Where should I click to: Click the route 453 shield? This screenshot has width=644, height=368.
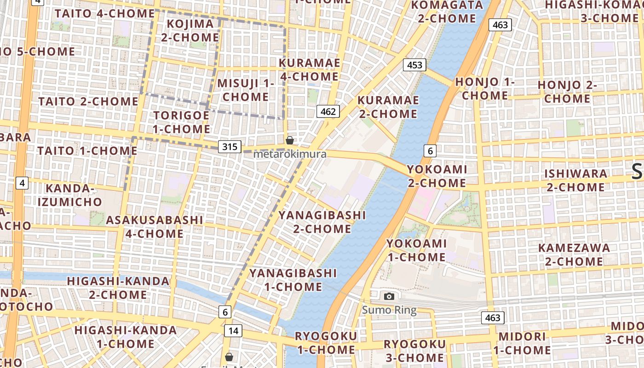(x=414, y=65)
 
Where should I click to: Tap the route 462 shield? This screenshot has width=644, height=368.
(x=328, y=111)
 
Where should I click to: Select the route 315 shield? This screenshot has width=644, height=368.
(x=230, y=147)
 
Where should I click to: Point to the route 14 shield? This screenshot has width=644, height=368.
(x=233, y=330)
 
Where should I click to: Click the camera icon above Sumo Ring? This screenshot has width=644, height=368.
(x=389, y=297)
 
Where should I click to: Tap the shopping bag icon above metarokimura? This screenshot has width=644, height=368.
(x=290, y=140)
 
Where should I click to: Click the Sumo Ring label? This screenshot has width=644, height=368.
(x=389, y=310)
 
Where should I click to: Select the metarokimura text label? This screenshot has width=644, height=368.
(x=290, y=154)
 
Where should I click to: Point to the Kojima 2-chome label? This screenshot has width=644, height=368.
(x=190, y=30)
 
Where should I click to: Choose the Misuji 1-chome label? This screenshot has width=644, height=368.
(x=245, y=90)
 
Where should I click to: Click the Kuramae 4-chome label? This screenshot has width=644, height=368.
(x=309, y=69)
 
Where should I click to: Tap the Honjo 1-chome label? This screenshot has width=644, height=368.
(x=485, y=89)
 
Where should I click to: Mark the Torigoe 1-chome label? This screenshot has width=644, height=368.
(x=181, y=122)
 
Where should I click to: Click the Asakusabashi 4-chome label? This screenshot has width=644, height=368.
(x=154, y=227)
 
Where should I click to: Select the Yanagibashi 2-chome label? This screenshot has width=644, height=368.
(x=322, y=222)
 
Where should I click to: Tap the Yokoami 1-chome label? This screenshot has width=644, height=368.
(x=416, y=250)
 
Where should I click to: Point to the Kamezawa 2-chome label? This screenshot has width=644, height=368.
(x=574, y=255)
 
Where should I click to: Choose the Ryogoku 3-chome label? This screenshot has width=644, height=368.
(x=414, y=351)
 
